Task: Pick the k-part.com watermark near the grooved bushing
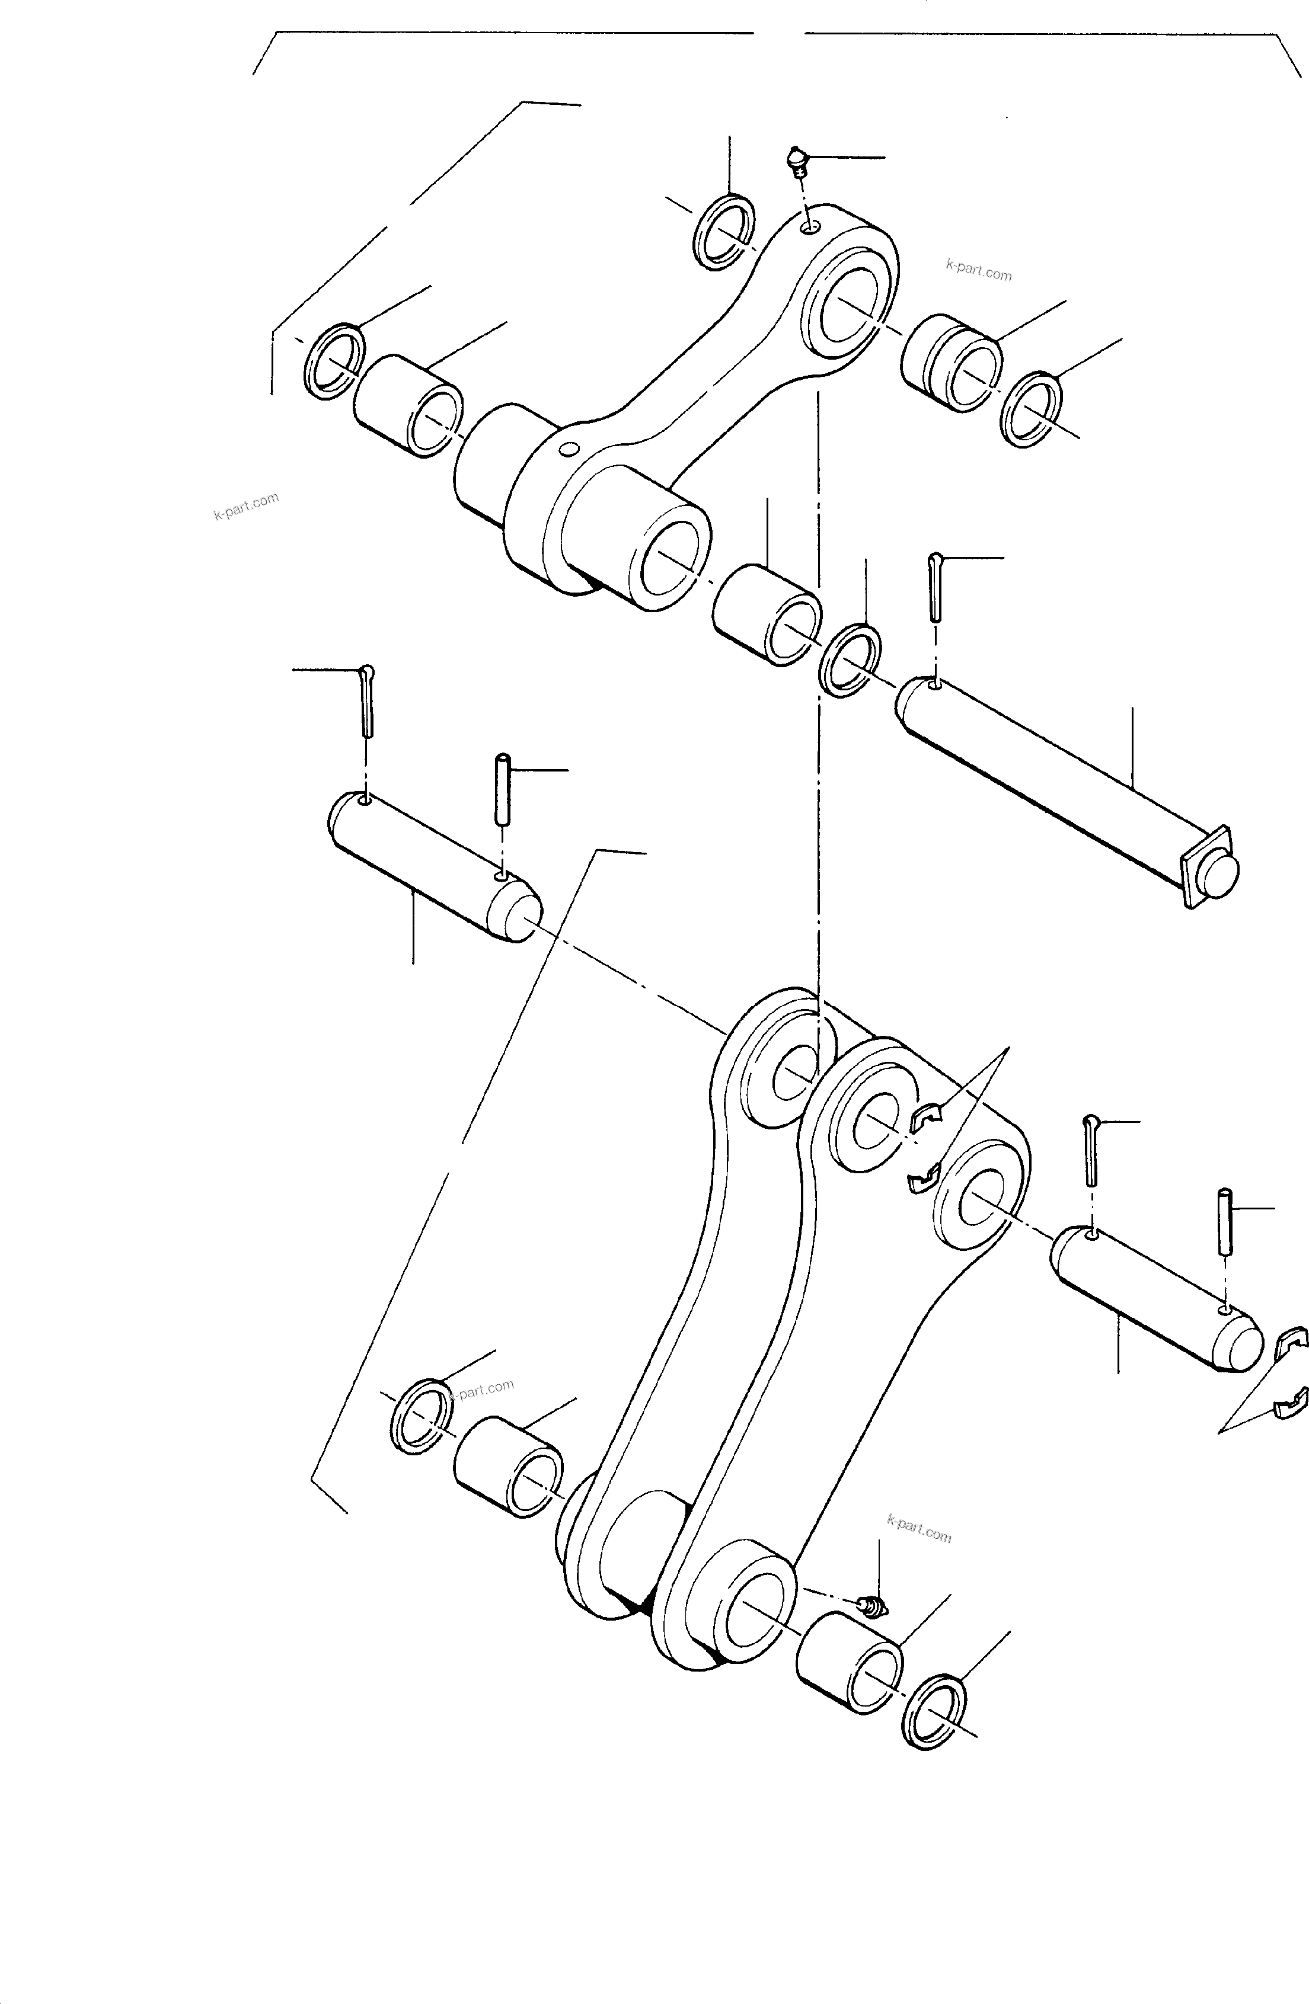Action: [978, 272]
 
